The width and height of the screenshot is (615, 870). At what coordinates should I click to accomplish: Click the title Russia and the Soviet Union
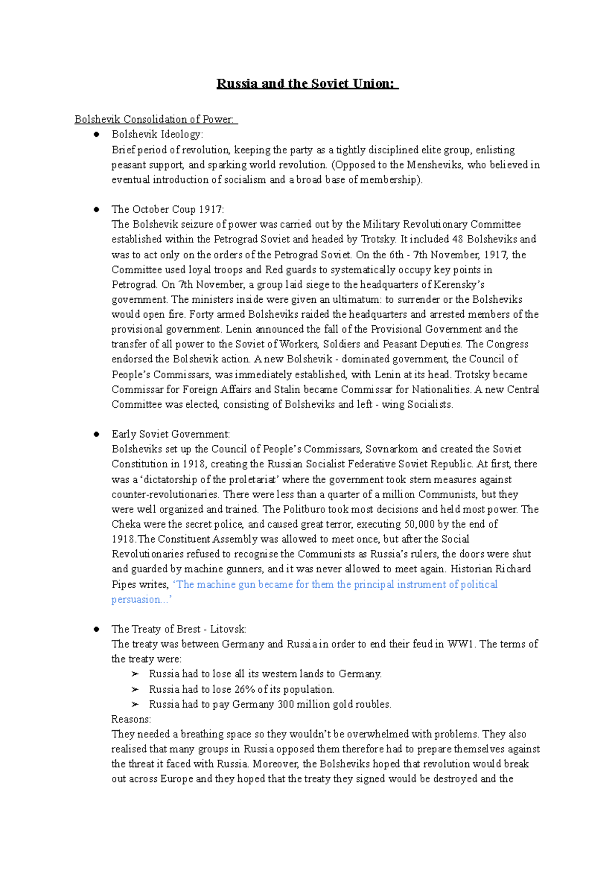pyautogui.click(x=306, y=84)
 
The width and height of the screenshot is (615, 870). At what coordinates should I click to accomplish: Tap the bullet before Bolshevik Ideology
pyautogui.click(x=96, y=135)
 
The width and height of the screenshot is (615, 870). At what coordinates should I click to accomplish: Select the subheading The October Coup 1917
pyautogui.click(x=168, y=210)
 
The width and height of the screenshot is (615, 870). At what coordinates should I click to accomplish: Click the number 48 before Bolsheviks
pyautogui.click(x=458, y=239)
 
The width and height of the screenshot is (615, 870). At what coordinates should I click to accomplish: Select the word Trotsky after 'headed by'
pyautogui.click(x=378, y=239)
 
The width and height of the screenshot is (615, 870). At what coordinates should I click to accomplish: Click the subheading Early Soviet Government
pyautogui.click(x=171, y=434)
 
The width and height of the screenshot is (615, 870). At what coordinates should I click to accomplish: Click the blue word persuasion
pyautogui.click(x=135, y=599)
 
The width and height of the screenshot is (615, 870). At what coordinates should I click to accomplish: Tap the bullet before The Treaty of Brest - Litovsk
pyautogui.click(x=96, y=629)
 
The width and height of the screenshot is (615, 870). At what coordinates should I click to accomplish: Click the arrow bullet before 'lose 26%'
pyautogui.click(x=135, y=690)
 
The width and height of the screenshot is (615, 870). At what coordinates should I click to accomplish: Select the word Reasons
pyautogui.click(x=131, y=719)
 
